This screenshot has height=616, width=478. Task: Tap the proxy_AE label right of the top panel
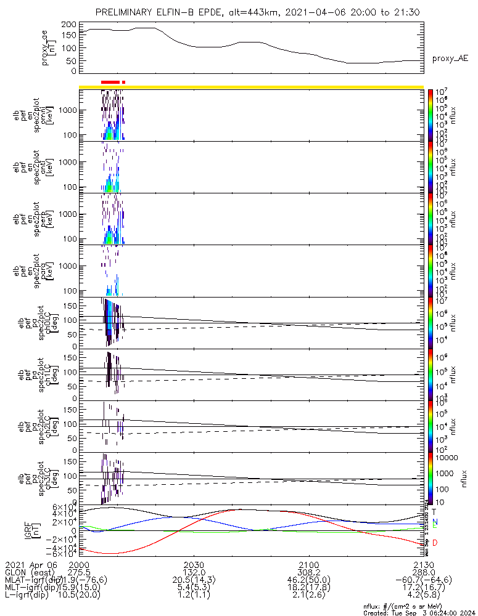(450, 59)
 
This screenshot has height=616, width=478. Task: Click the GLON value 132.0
(194, 572)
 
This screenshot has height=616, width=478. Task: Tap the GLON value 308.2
(308, 572)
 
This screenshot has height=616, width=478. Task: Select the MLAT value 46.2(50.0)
(308, 580)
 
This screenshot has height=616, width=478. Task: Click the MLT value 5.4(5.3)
(194, 587)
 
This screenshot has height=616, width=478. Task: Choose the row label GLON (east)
(29, 572)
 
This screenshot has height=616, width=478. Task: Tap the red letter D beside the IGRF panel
(435, 543)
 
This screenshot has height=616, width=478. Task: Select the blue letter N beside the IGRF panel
(435, 521)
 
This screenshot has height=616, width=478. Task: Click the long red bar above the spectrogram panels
(110, 82)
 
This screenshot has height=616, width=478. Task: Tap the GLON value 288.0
(423, 572)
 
